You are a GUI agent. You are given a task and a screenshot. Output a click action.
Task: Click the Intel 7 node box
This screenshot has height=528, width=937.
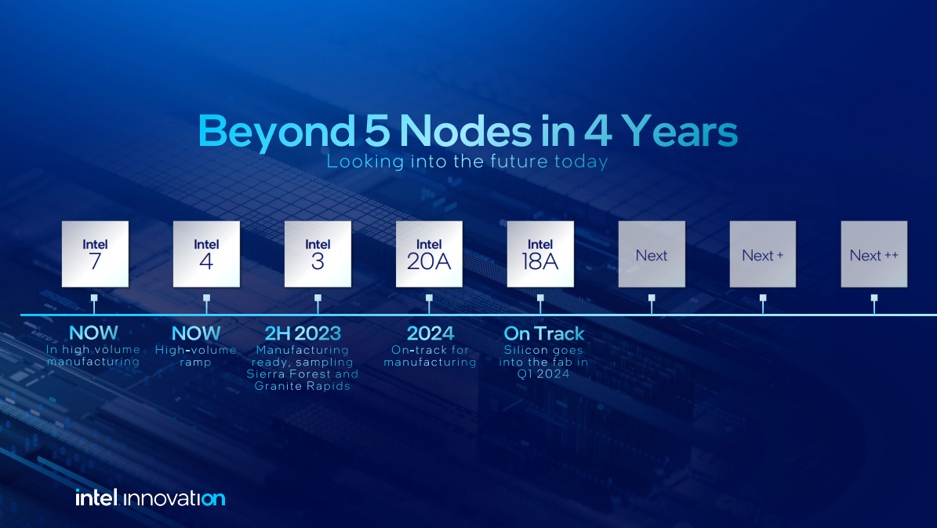95,254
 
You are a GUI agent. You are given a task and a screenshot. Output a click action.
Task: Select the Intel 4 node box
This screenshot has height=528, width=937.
206,254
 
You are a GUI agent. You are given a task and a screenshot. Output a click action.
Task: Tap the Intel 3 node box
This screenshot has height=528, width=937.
318,254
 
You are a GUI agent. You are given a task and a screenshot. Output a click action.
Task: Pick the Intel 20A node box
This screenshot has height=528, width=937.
429,254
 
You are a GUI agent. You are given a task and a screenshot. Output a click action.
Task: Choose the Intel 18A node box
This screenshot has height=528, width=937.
540,254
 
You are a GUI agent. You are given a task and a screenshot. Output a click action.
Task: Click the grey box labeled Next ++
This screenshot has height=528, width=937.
874,254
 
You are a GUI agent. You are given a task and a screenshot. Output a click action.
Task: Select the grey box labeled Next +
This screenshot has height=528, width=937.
763,254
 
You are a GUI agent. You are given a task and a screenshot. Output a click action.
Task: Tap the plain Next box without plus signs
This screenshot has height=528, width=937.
652,254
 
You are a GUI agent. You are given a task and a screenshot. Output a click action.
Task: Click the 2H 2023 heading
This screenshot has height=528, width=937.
303,333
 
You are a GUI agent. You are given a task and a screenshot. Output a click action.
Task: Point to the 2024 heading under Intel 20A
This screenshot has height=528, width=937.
430,333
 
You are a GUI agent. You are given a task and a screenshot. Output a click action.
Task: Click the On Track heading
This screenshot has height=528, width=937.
544,333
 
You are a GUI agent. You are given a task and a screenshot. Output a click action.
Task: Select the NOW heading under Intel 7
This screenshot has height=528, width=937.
93,333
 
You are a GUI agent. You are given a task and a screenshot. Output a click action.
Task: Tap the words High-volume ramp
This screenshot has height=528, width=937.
195,356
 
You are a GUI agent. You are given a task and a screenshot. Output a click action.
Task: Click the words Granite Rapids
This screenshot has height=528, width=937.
303,386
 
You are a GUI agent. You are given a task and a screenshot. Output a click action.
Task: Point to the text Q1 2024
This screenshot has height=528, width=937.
543,374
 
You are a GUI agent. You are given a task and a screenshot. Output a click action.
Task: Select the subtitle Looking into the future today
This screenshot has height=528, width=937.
467,162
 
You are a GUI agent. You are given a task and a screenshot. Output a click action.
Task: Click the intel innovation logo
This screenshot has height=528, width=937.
150,497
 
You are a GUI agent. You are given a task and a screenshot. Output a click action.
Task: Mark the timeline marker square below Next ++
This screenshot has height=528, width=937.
874,298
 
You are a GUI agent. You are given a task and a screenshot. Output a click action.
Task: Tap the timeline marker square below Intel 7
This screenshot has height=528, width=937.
94,298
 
